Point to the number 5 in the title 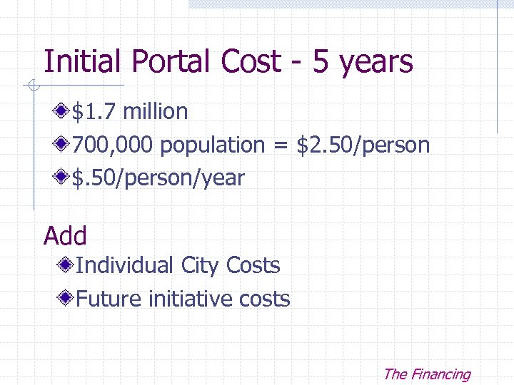tap(321, 62)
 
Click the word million tap(156, 112)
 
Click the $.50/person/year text tap(158, 178)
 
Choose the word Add tap(65, 236)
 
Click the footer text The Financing tap(426, 374)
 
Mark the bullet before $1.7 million tap(63, 111)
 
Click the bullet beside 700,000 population tap(63, 145)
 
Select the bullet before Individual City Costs tap(66, 266)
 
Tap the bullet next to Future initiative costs tap(66, 299)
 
